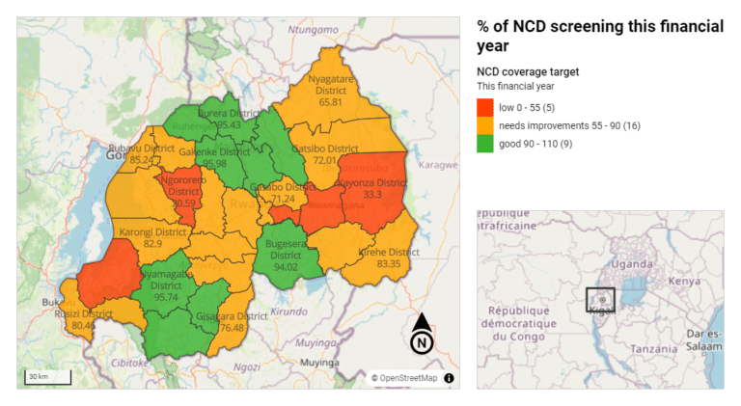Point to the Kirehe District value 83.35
[389, 263]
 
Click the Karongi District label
[152, 232]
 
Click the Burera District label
[220, 112]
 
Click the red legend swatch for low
[485, 106]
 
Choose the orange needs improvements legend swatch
[485, 125]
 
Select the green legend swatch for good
[485, 145]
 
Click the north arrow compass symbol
[422, 334]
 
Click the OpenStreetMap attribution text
[404, 378]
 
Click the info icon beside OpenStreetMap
[449, 378]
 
